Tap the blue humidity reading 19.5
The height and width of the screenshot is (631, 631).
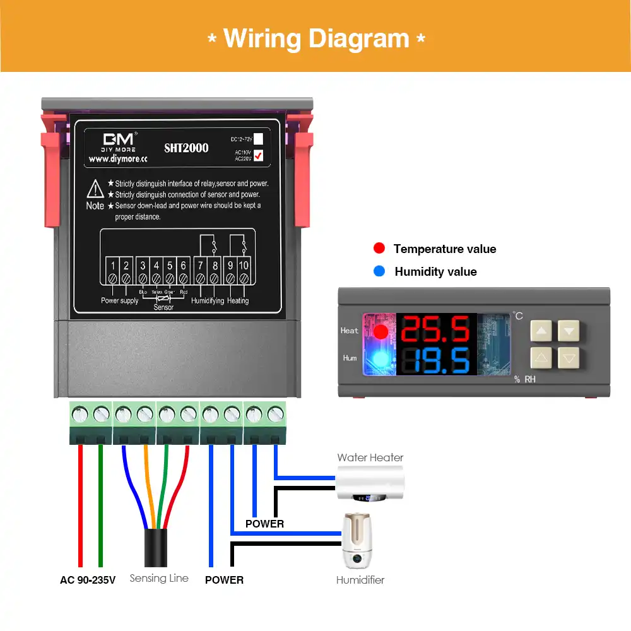coord(436,361)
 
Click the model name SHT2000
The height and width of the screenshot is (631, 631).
coord(186,148)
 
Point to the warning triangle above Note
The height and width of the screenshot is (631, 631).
coord(95,188)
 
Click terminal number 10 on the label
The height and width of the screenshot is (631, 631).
coord(244,266)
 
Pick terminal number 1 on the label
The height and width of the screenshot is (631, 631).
coord(112,266)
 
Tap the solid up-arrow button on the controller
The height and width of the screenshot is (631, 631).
coord(541,330)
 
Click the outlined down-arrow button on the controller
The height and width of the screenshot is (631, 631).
coord(569,358)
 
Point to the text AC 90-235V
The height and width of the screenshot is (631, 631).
coord(88,579)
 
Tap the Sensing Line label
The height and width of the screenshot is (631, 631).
coord(159,578)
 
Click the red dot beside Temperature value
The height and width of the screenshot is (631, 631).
coord(379,249)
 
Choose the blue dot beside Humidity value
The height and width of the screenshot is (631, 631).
coord(379,271)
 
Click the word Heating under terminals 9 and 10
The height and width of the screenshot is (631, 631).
coord(238,301)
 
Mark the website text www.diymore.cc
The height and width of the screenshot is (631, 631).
coord(118,160)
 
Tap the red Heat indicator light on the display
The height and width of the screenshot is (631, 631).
coord(380,332)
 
